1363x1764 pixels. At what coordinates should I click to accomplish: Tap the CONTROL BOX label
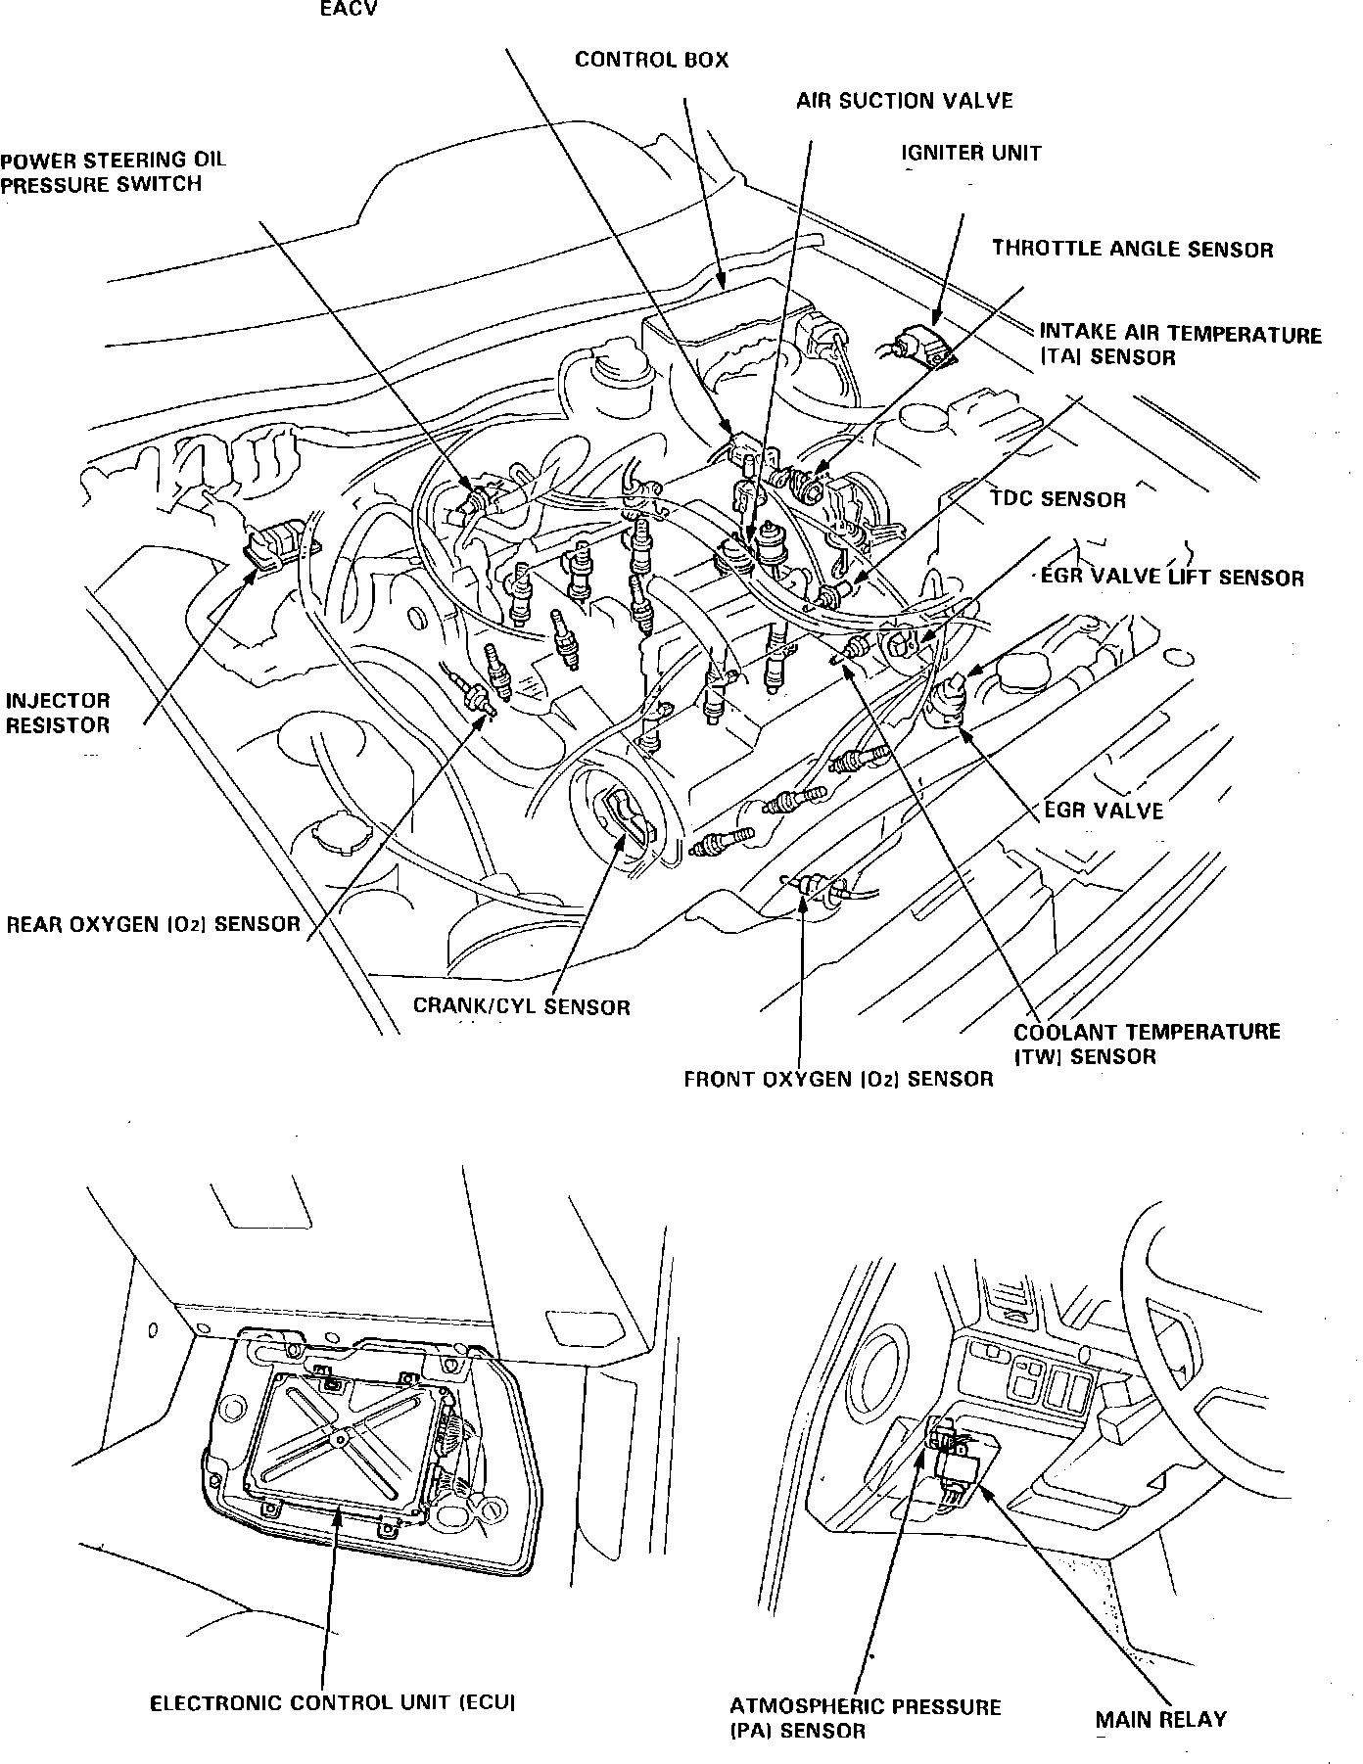pyautogui.click(x=651, y=60)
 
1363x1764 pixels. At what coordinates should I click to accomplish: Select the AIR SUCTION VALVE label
pyautogui.click(x=904, y=101)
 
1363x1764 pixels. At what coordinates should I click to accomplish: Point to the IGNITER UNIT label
pyautogui.click(x=971, y=154)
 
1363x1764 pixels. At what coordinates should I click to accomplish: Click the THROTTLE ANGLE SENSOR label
pyautogui.click(x=1132, y=249)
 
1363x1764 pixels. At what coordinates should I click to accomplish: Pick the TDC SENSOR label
pyautogui.click(x=1057, y=499)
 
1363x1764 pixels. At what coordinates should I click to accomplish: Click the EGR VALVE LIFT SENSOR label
pyautogui.click(x=1172, y=578)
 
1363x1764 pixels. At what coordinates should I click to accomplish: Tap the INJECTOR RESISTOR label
pyautogui.click(x=58, y=713)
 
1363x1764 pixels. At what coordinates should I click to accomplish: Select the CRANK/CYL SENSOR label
pyautogui.click(x=521, y=1006)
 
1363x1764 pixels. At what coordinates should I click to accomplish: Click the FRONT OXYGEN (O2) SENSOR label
pyautogui.click(x=838, y=1080)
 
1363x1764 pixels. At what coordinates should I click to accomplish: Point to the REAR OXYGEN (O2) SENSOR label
pyautogui.click(x=154, y=924)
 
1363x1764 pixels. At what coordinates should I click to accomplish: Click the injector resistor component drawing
pyautogui.click(x=279, y=544)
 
